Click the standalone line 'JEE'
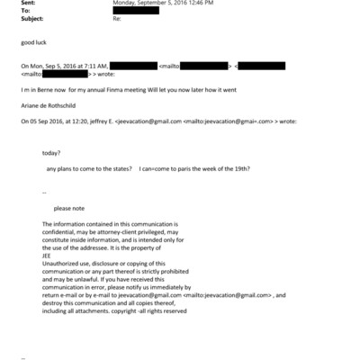[48, 254]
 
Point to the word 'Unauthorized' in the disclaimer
[61, 261]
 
